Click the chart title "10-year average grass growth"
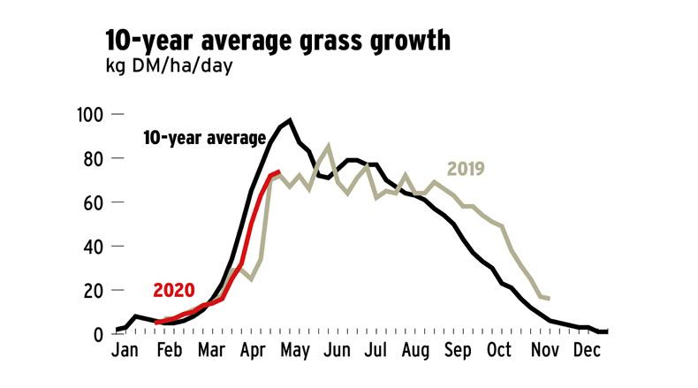pos(278,41)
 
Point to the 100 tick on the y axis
pos(92,115)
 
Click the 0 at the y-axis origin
pos(101,333)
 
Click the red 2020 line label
pos(173,290)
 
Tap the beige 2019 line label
pos(467,168)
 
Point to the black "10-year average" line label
pos(204,138)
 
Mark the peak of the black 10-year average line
pos(290,119)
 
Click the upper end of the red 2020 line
pos(279,171)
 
